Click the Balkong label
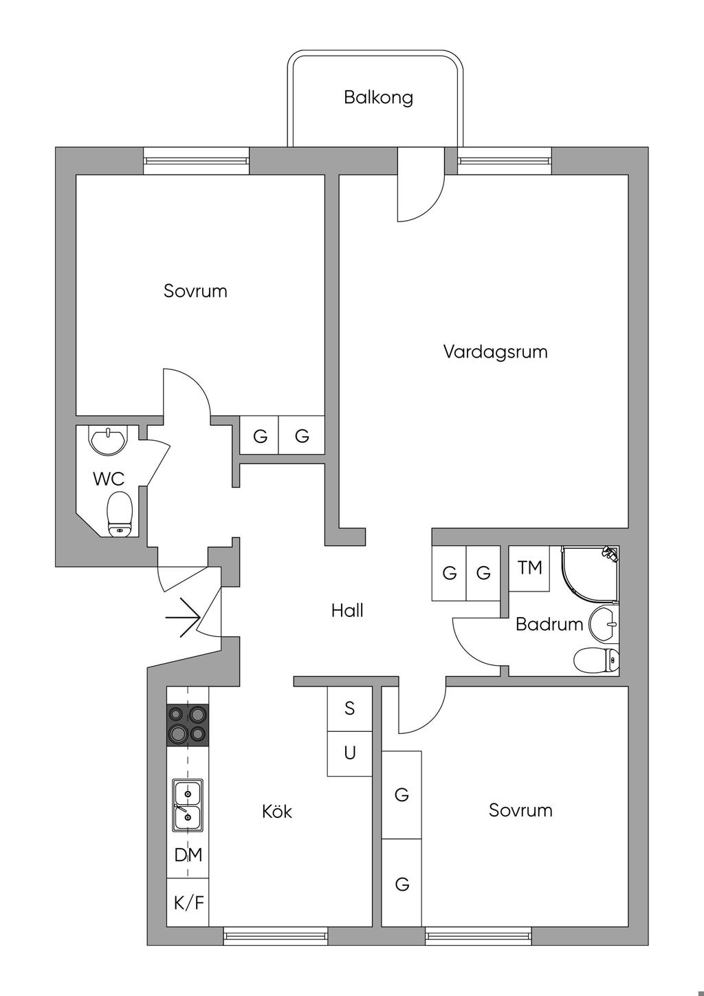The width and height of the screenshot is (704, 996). (x=378, y=97)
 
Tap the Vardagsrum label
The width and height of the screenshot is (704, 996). (x=495, y=352)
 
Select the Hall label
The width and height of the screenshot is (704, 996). (x=347, y=610)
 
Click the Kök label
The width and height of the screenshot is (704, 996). (x=277, y=812)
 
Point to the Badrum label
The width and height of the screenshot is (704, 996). (x=549, y=625)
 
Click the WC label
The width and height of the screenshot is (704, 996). (x=109, y=479)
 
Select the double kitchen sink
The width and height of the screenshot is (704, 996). (x=187, y=805)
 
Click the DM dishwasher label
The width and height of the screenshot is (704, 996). (x=188, y=855)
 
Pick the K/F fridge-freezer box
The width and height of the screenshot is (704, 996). (x=188, y=902)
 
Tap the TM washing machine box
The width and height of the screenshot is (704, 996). (x=529, y=568)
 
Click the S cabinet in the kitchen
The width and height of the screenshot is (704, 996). (x=349, y=708)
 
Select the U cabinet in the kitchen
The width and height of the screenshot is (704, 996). (x=349, y=753)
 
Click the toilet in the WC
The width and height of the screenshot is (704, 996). (x=120, y=513)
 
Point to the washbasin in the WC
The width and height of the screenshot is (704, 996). (x=109, y=441)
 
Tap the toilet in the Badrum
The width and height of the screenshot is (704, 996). (x=595, y=660)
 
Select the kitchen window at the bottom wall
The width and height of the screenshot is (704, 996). (x=276, y=935)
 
